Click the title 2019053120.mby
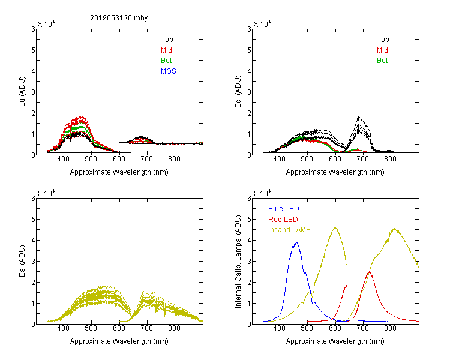(x=119, y=18)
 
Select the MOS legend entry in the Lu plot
(x=169, y=71)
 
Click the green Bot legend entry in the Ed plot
(x=382, y=61)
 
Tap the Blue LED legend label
(x=284, y=209)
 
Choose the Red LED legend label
(x=283, y=220)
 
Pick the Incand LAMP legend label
(x=289, y=230)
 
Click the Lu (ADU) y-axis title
(x=22, y=92)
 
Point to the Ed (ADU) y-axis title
(x=238, y=92)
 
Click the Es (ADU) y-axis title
(x=22, y=261)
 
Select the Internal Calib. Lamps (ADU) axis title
(x=238, y=262)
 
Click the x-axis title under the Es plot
(x=119, y=341)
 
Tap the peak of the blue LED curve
(x=296, y=242)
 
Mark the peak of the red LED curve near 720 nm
(x=369, y=272)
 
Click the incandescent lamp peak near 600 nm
(x=335, y=227)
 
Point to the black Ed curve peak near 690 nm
(x=359, y=116)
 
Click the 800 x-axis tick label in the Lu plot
(x=174, y=159)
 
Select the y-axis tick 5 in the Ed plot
(x=249, y=50)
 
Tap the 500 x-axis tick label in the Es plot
(x=91, y=328)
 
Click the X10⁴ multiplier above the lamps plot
(x=262, y=193)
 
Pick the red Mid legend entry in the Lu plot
(x=166, y=50)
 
